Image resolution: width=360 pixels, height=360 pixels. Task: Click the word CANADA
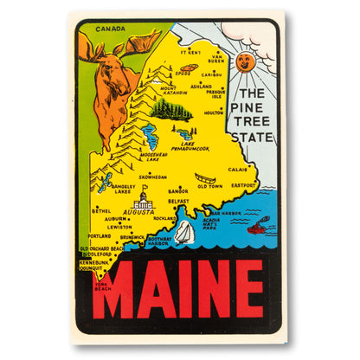click(111, 29)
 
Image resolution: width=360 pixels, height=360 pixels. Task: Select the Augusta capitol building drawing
click(142, 202)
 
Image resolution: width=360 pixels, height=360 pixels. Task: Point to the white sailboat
click(186, 231)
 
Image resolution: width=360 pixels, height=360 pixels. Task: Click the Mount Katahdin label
click(170, 90)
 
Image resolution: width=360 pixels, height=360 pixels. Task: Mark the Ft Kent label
click(190, 52)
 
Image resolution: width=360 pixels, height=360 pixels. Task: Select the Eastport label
click(243, 185)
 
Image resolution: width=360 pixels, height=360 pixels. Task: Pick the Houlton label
click(213, 112)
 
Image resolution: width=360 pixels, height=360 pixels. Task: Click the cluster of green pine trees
click(171, 108)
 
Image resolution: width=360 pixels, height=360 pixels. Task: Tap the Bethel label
click(101, 210)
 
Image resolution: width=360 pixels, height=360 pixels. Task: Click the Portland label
click(100, 235)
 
